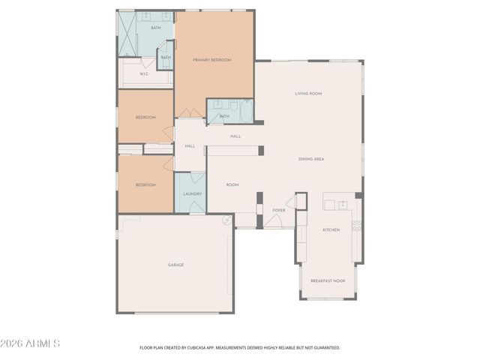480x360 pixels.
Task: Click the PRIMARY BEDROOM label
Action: click(x=211, y=60)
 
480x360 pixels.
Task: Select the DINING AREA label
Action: click(x=311, y=159)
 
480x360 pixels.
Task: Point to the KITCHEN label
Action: click(x=331, y=229)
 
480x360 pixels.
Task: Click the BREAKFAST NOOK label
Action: click(x=328, y=280)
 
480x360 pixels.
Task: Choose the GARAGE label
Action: click(x=175, y=265)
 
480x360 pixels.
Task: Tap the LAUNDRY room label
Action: click(x=192, y=194)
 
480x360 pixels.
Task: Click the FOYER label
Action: click(x=278, y=210)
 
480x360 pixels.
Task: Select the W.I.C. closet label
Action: click(x=143, y=73)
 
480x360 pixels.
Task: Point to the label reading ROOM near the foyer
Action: click(x=232, y=184)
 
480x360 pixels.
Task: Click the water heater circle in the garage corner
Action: click(x=226, y=220)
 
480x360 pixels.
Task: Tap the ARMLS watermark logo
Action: click(x=31, y=343)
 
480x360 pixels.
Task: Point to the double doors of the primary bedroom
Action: click(x=190, y=113)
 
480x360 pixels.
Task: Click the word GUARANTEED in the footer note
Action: click(x=324, y=348)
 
